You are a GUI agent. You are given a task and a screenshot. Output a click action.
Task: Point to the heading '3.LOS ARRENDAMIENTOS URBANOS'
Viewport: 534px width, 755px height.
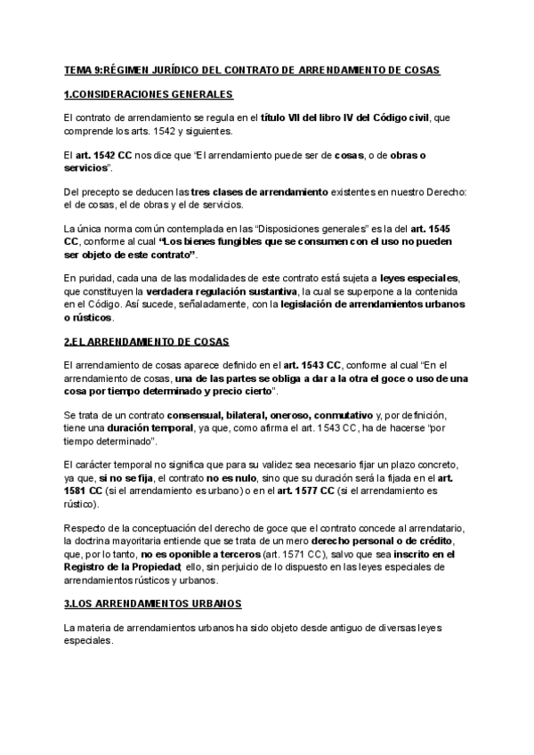(x=153, y=604)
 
